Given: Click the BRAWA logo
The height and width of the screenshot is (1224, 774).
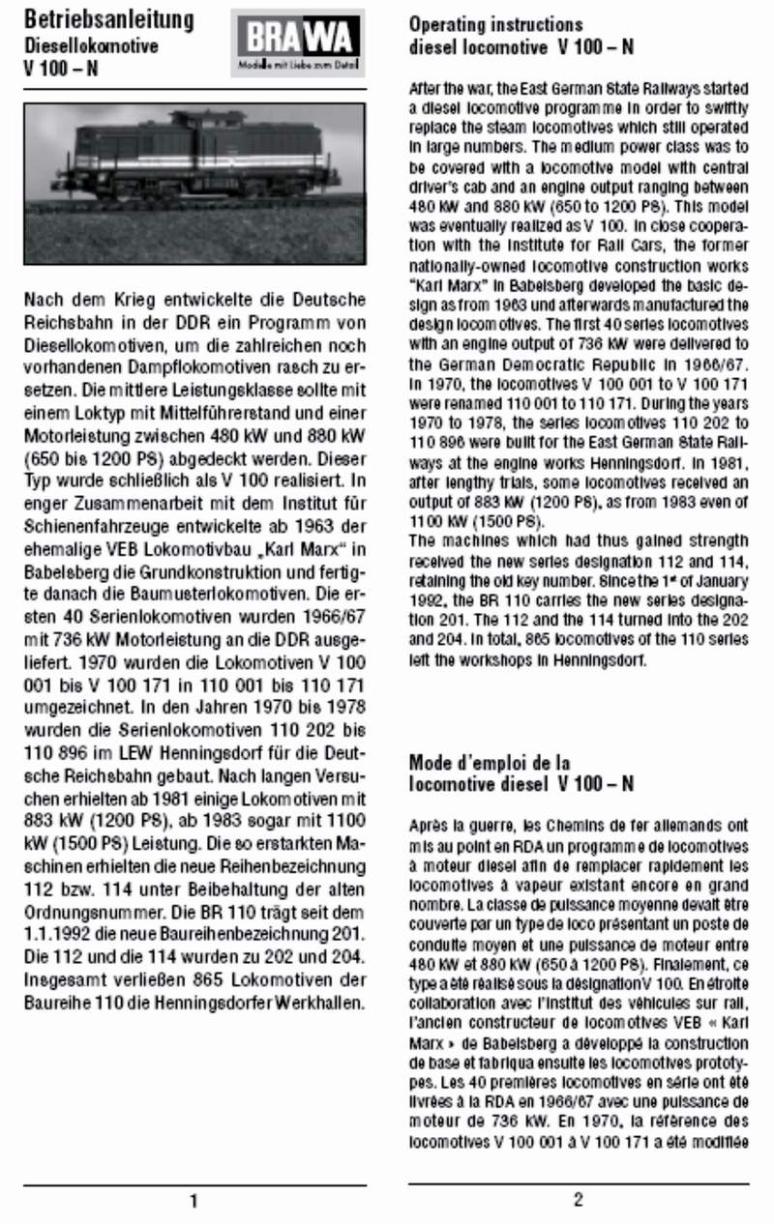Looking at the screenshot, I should pos(298,43).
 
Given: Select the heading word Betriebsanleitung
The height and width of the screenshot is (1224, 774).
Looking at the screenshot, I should pos(107,19).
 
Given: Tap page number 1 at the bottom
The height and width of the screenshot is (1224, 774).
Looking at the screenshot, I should pos(193,1201).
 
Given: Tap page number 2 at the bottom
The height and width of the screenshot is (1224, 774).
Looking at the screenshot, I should pos(578,1200).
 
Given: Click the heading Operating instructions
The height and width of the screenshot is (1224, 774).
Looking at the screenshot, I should pos(495,24).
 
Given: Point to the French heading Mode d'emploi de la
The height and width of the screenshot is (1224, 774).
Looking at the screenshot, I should pos(490,763).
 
